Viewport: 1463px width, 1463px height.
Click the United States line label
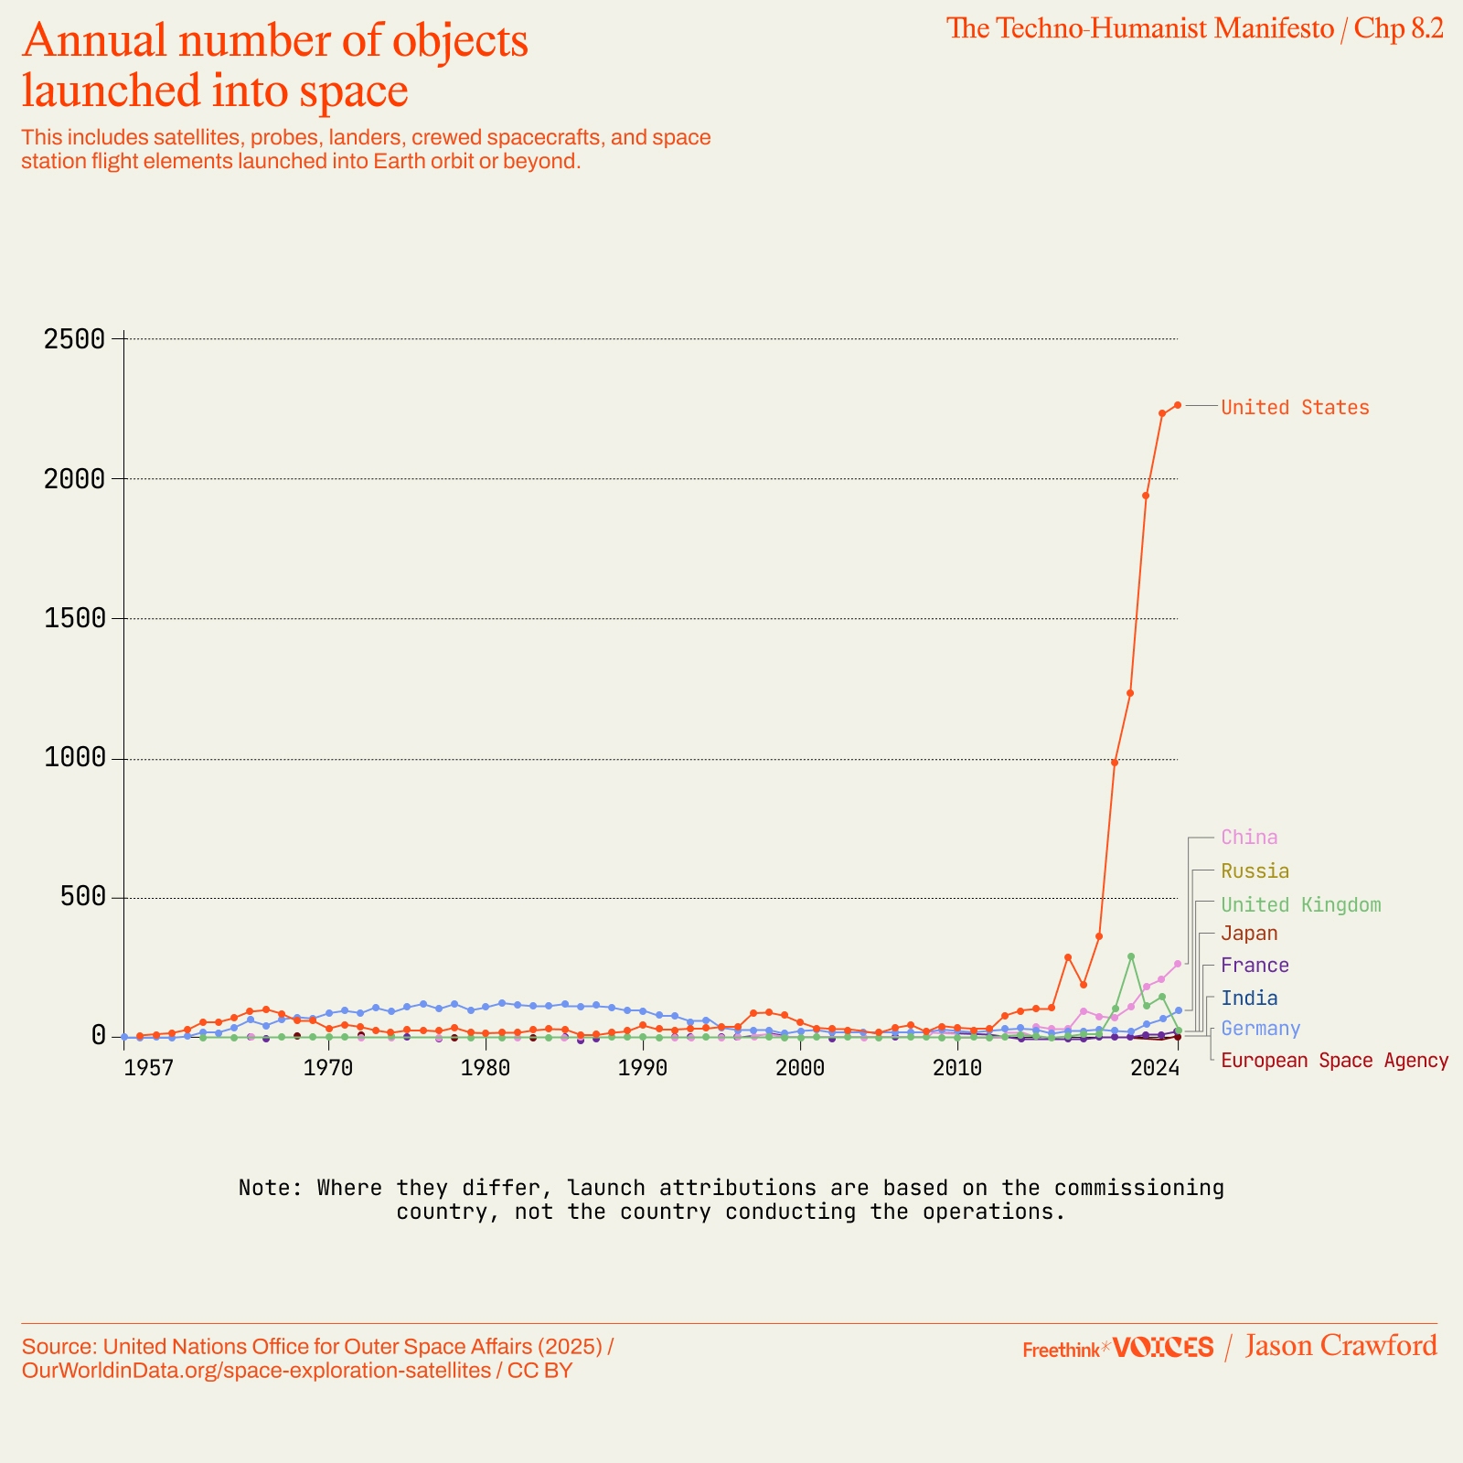1295,408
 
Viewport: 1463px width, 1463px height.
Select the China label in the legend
1249,838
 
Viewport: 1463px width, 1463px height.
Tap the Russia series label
1255,871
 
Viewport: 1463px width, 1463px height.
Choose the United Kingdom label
1300,905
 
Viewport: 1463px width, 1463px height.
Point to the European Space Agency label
1334,1061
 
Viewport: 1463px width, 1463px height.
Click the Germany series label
1260,1029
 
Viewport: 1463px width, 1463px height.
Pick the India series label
1249,998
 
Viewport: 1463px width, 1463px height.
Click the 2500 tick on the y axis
75,339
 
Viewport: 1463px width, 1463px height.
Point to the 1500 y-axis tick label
75,618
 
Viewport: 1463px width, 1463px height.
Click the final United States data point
1178,405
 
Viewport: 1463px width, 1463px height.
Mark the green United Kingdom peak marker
1131,956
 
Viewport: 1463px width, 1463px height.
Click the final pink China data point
1178,964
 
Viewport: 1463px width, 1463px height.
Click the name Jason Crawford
1340,1346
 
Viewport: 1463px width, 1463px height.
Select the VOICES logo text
1163,1347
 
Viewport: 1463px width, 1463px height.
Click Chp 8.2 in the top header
1398,28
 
